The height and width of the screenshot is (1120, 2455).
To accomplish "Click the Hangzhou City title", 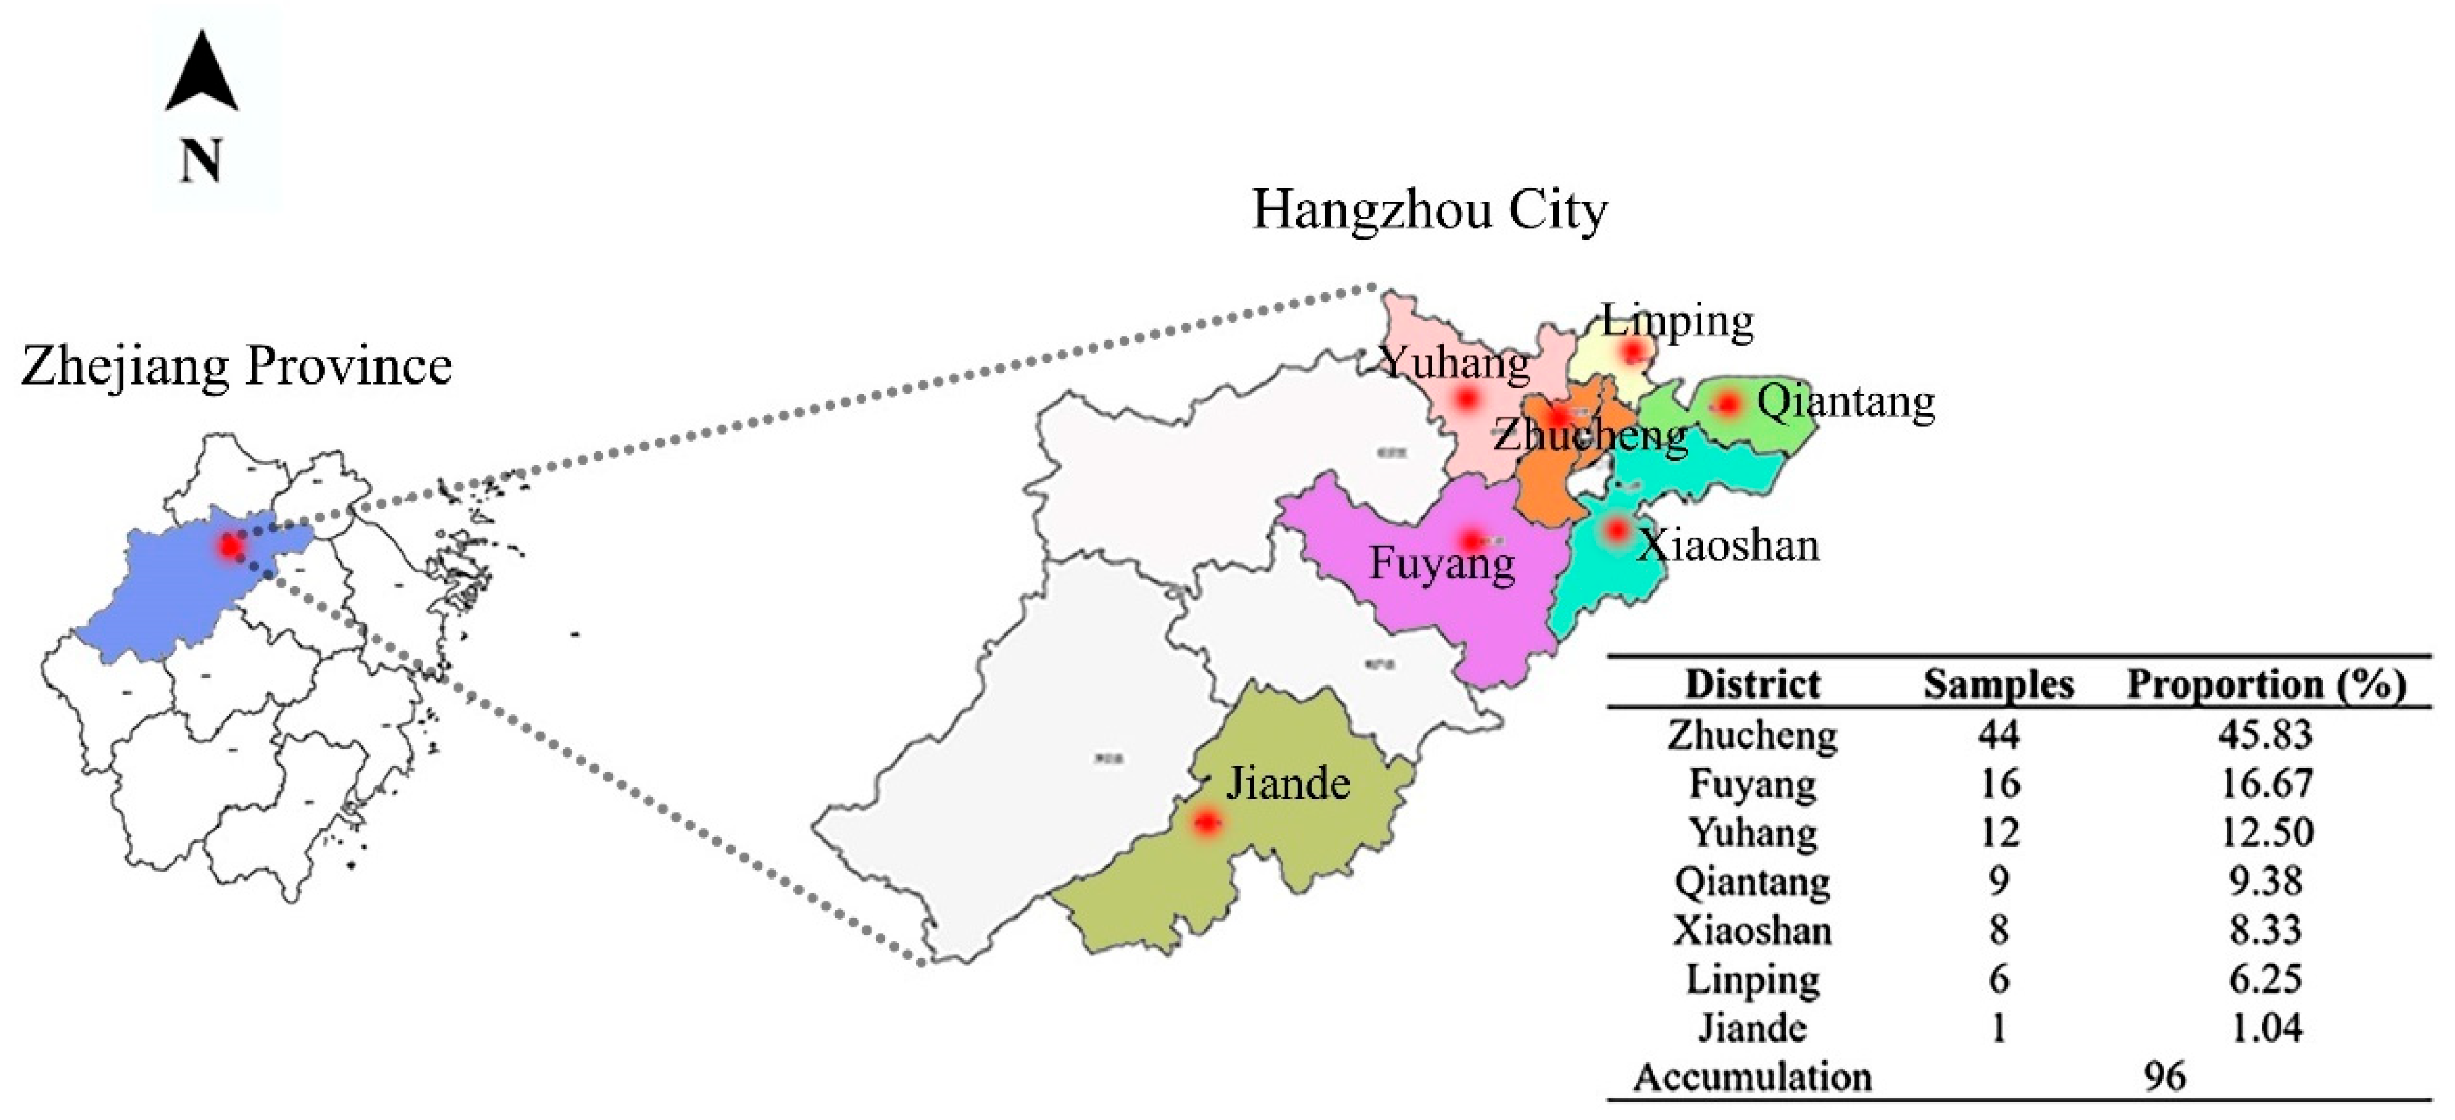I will point(1430,211).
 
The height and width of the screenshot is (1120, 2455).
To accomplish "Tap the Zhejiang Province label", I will point(236,366).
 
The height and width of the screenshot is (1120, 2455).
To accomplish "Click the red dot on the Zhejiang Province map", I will point(230,546).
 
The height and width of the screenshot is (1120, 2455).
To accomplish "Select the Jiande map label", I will point(1288,783).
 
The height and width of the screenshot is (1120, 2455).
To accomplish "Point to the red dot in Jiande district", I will point(1207,822).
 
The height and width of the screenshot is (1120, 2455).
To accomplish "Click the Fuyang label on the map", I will point(1441,563).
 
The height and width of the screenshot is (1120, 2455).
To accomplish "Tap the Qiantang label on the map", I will point(1845,402).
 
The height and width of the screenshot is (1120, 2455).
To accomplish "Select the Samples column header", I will point(1999,684).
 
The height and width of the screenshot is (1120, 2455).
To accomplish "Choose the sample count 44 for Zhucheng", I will point(1999,734).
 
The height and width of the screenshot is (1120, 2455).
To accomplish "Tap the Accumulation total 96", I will point(2165,1077).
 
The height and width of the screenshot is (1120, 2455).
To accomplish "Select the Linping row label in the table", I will point(1752,979).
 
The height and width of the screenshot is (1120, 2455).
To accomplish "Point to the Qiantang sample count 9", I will point(1999,881).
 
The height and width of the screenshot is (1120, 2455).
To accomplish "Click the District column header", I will point(1752,684).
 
